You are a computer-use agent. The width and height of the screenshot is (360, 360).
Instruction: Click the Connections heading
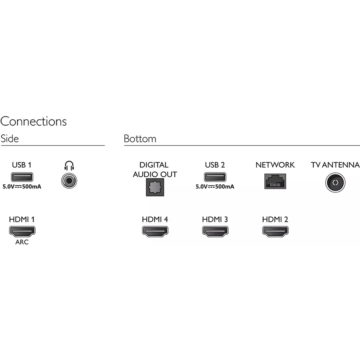pos(34,121)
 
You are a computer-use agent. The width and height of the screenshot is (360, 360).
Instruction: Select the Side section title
pos(10,139)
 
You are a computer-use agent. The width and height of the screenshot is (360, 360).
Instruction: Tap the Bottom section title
pos(140,139)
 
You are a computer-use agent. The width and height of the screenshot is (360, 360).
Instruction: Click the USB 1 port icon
pos(22,176)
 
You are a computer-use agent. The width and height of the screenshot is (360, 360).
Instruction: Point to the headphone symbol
pos(69,166)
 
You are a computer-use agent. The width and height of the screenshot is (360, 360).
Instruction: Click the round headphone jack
pos(69,181)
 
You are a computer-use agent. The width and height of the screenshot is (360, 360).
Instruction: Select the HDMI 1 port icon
pos(22,231)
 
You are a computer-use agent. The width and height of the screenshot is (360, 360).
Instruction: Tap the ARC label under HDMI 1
pos(22,242)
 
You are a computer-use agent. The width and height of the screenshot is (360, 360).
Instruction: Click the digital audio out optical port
pos(154,187)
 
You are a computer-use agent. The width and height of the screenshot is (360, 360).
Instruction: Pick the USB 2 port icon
pos(215,176)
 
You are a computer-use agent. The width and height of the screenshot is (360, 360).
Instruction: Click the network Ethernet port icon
pos(274,181)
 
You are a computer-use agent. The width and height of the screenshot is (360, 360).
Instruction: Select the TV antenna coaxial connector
pos(335,183)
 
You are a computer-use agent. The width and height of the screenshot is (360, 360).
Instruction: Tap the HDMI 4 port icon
pos(155,231)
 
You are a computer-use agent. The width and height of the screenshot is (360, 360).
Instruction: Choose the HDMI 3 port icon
pos(215,231)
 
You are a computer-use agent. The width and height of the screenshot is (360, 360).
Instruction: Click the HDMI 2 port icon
pos(275,231)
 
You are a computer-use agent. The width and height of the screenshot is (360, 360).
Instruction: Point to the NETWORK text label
pos(275,165)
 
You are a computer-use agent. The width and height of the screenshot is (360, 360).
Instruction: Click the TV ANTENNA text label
pos(335,165)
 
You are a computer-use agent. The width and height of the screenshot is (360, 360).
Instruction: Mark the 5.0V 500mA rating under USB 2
pos(215,186)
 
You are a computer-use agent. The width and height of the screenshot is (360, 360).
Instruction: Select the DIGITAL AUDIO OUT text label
pos(154,170)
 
